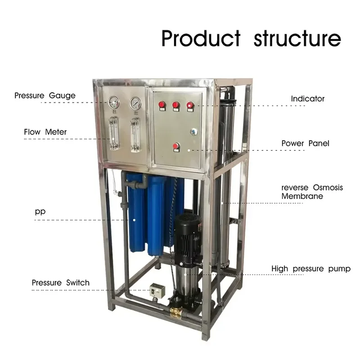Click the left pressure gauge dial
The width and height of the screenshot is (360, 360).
click(x=114, y=103)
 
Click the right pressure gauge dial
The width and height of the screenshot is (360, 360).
click(x=136, y=103)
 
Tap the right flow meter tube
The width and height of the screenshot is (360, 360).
click(x=135, y=135)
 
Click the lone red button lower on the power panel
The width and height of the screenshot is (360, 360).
click(x=176, y=147)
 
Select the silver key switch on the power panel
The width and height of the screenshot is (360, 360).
click(x=194, y=131)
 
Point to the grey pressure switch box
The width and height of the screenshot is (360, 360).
click(x=156, y=290)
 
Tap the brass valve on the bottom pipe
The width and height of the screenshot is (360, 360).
click(x=176, y=313)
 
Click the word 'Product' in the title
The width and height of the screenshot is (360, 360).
click(x=201, y=38)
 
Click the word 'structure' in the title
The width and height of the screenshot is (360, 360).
click(x=297, y=38)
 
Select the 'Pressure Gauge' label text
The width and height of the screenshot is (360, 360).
click(x=45, y=95)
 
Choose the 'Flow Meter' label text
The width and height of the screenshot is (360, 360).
click(x=45, y=132)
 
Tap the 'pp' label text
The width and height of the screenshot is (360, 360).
click(x=40, y=211)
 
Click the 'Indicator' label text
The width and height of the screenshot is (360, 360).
click(x=308, y=99)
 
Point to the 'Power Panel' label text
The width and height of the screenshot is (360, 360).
click(x=306, y=143)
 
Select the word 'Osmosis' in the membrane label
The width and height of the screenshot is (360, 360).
click(x=328, y=188)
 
